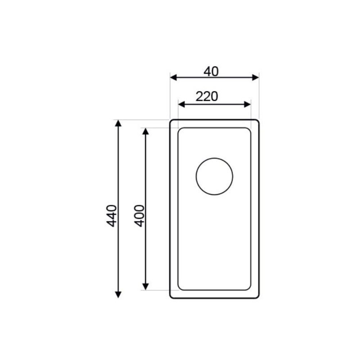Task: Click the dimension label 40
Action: coord(211,72)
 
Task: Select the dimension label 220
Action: coord(207,96)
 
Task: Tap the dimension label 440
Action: coord(112,216)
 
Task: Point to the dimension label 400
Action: coord(139,216)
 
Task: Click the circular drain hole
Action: coord(214,158)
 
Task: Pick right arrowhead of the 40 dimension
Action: coord(256,78)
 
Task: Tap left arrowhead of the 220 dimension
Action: coord(181,104)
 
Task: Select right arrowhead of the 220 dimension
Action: coord(248,104)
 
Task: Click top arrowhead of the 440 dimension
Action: coord(118,123)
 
